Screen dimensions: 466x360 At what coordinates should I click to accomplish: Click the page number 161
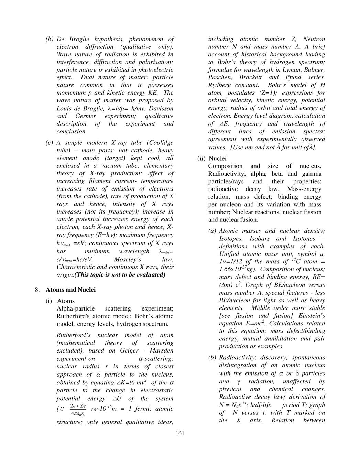[x=180, y=433]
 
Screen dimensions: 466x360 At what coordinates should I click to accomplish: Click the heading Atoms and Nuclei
[x=71, y=290]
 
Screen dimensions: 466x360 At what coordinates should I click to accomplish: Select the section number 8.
[x=37, y=290]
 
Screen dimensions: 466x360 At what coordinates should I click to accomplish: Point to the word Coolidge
[x=160, y=143]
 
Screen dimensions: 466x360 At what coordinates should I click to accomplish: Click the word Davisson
[x=162, y=108]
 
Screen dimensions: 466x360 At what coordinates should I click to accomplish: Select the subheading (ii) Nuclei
[x=212, y=159]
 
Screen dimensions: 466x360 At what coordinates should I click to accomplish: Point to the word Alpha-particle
[x=76, y=308]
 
